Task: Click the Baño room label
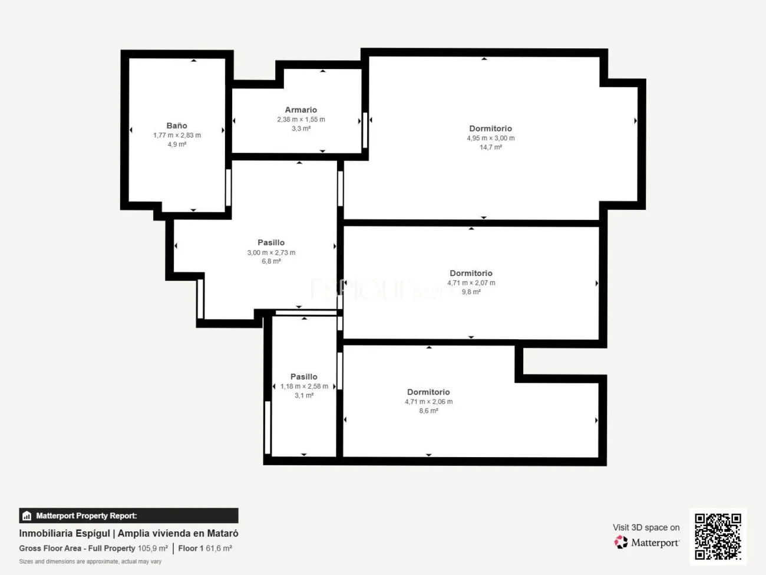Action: (x=177, y=126)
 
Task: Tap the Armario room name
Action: (x=301, y=110)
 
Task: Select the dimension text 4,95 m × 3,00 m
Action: (x=490, y=138)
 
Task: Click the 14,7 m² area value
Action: (x=490, y=147)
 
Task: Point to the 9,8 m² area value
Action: (x=471, y=292)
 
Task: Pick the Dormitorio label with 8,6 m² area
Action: (x=428, y=392)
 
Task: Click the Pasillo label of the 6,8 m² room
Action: (x=271, y=242)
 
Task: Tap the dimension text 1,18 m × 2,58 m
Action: (x=304, y=386)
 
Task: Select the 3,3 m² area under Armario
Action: (x=301, y=129)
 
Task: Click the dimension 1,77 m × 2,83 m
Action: (x=177, y=135)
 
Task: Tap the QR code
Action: (x=718, y=536)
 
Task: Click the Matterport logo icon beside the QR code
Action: (x=621, y=543)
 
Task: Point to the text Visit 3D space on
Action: (x=646, y=527)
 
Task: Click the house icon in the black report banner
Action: (x=27, y=516)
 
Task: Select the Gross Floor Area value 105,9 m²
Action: (x=153, y=548)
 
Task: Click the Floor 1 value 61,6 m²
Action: (x=219, y=548)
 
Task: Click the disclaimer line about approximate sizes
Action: (x=90, y=561)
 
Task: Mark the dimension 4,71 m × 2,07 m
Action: (x=471, y=283)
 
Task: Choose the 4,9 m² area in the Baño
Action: (x=177, y=144)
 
